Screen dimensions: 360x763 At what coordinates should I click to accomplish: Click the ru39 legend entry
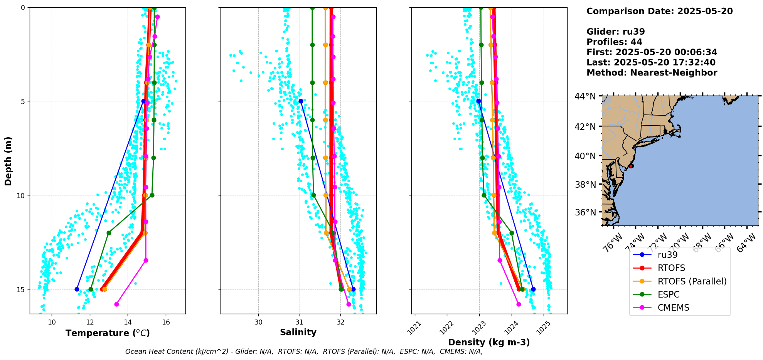(x=667, y=255)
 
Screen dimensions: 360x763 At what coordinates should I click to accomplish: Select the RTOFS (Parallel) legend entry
(x=692, y=281)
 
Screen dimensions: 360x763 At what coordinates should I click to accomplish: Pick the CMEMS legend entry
(x=673, y=308)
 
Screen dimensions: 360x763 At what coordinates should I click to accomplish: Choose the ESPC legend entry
(x=669, y=294)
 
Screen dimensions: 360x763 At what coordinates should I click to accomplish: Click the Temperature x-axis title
(x=108, y=333)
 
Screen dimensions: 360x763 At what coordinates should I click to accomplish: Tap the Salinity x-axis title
(x=298, y=332)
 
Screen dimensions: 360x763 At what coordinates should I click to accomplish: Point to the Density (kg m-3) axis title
(x=488, y=342)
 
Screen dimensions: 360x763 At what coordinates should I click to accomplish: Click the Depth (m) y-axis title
(x=8, y=161)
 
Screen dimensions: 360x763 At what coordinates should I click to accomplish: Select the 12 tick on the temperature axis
(x=90, y=322)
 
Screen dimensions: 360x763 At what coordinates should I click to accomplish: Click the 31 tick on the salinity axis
(x=300, y=322)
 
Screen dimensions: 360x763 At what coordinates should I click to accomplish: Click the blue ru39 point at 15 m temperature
(x=77, y=289)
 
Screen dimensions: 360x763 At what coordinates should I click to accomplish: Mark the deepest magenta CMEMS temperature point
(x=116, y=304)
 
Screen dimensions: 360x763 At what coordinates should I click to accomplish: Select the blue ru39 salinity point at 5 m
(x=301, y=101)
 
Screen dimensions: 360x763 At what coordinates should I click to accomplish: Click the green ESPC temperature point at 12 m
(x=109, y=233)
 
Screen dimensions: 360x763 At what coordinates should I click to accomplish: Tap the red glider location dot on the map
(x=631, y=166)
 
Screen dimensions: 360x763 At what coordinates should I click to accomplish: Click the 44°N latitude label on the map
(x=586, y=96)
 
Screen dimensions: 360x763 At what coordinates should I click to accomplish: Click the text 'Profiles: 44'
(x=614, y=42)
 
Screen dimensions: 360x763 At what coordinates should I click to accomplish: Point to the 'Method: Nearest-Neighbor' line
(x=652, y=73)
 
